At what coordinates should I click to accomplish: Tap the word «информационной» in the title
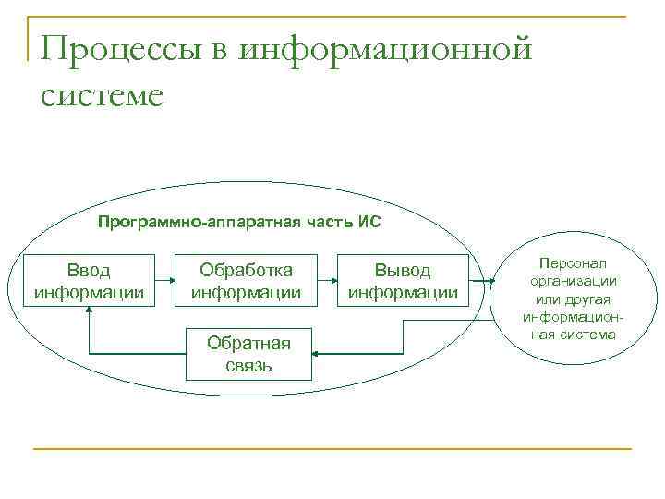coord(386,47)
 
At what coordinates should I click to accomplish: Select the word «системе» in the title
coord(102,94)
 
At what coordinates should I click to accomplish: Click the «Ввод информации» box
coord(89,281)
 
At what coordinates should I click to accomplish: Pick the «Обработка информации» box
coord(246,281)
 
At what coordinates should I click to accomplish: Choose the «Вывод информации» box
coord(402,281)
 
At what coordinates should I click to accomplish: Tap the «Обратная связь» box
coord(248,354)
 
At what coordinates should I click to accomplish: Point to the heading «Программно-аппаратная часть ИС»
coord(239,222)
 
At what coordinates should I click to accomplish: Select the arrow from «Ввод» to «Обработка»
coord(166,280)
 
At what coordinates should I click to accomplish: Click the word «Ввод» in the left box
coord(89,271)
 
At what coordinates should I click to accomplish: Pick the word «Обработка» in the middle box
coord(247,271)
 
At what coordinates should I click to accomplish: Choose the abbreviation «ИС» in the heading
coord(369,222)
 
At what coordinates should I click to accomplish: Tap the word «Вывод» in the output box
coord(402,271)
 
